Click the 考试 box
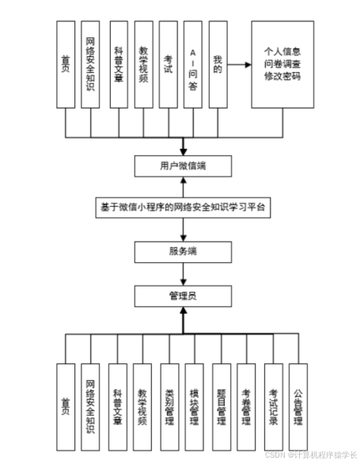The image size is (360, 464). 168,64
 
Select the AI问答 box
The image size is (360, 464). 193,64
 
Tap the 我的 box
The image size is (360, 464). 218,64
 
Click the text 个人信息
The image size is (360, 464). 287,50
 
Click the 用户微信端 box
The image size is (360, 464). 183,165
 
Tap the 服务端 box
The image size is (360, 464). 183,251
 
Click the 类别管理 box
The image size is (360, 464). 168,401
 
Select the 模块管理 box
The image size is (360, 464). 194,401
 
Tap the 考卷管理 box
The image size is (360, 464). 246,401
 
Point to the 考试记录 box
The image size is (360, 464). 272,401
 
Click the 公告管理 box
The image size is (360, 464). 297,401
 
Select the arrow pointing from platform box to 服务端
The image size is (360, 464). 183,230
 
